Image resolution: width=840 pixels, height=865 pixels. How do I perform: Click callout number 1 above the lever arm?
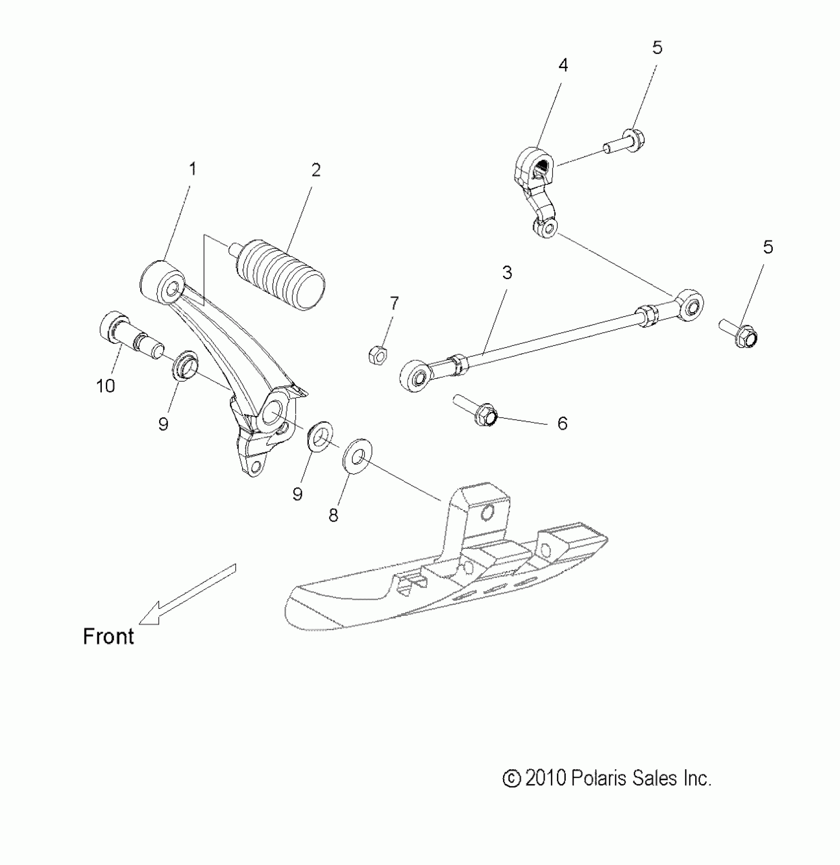pyautogui.click(x=193, y=169)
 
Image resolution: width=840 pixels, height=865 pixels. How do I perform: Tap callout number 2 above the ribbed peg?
pyautogui.click(x=316, y=170)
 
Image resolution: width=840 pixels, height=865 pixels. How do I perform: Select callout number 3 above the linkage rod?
pyautogui.click(x=507, y=273)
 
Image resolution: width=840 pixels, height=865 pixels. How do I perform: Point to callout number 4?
pyautogui.click(x=563, y=65)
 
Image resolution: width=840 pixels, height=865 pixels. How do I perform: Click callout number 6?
pyautogui.click(x=562, y=423)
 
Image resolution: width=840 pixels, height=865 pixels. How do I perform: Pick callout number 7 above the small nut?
pyautogui.click(x=394, y=303)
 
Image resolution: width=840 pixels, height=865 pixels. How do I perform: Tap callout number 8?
pyautogui.click(x=334, y=515)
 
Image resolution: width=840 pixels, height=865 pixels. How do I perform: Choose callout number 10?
pyautogui.click(x=105, y=386)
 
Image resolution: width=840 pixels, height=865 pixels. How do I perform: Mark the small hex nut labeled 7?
pyautogui.click(x=378, y=354)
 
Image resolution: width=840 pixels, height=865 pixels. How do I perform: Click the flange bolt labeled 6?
pyautogui.click(x=477, y=411)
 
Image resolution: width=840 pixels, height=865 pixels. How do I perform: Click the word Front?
pyautogui.click(x=108, y=637)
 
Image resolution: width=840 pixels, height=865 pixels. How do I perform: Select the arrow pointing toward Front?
pyautogui.click(x=188, y=593)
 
